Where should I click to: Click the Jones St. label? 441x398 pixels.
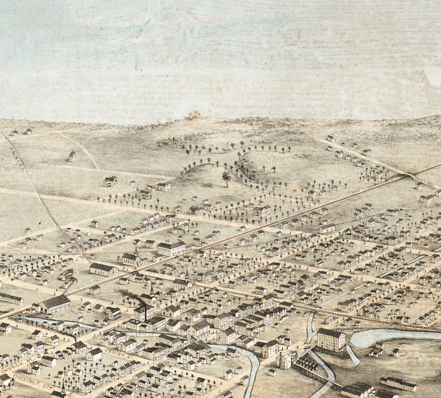427,290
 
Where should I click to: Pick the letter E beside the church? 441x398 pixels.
118,257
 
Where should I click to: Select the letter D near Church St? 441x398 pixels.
39,355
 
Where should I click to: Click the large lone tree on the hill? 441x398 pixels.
226,177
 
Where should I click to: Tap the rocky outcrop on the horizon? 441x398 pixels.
193,115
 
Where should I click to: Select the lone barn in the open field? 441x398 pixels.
72,156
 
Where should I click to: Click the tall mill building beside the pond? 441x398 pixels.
331,340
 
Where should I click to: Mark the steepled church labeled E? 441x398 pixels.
132,258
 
